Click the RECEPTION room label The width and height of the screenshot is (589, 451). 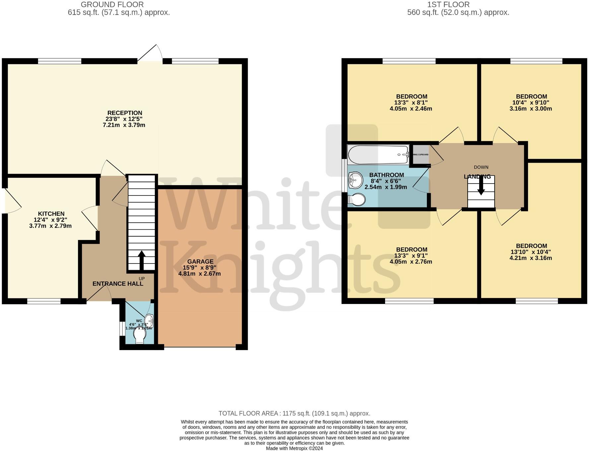point(124,113)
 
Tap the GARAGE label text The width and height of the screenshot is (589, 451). point(200,262)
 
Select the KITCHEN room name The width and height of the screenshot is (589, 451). point(51,214)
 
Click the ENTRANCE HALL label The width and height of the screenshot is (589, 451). point(118,284)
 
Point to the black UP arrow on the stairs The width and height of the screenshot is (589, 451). point(141,261)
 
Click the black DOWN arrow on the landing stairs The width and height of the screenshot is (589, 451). point(481,189)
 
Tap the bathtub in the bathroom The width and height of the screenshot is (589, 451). point(378,155)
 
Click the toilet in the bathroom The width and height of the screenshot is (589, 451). point(357,200)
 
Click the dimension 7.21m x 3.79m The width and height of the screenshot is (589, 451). point(124,125)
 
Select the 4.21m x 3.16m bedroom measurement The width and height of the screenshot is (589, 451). point(531,258)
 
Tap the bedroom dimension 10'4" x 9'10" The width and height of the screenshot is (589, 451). point(531,103)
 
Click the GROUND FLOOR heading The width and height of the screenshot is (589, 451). point(112,5)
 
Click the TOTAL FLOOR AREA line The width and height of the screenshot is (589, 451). point(294,413)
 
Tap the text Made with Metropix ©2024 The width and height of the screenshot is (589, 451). point(294,448)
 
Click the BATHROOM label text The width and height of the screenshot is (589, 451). point(386,175)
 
